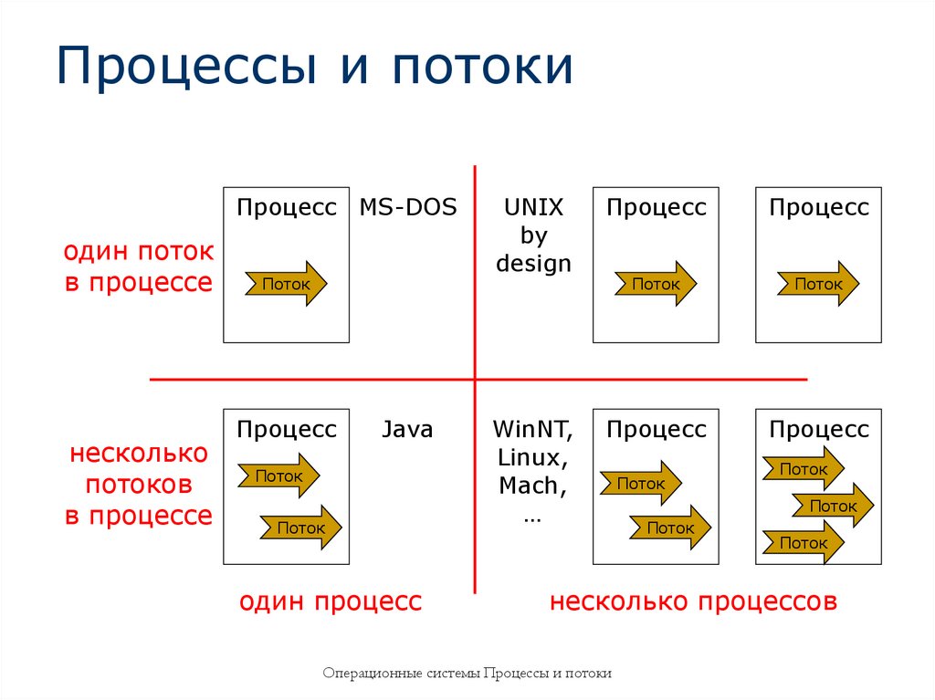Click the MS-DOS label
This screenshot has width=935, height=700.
point(407,207)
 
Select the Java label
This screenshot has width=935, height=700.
point(407,429)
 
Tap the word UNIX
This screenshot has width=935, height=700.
point(533,207)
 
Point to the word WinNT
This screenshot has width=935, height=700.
point(533,429)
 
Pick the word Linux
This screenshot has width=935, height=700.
point(533,457)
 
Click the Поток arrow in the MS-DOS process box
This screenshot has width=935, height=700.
point(286,284)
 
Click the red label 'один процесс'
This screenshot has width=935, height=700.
point(331,601)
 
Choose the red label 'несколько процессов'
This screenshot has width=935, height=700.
point(693,601)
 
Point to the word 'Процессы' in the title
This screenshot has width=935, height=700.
point(184,68)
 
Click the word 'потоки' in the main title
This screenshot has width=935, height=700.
point(484,68)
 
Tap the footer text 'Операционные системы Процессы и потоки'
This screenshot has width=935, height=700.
point(467,674)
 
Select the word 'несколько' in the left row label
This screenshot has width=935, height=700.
point(138,454)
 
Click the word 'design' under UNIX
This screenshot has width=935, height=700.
point(533,264)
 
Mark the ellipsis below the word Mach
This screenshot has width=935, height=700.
point(533,516)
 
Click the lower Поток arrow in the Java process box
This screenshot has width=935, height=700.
point(300,527)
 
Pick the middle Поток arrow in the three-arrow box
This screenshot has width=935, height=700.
point(832,506)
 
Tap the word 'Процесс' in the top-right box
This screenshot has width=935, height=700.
point(818,207)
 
